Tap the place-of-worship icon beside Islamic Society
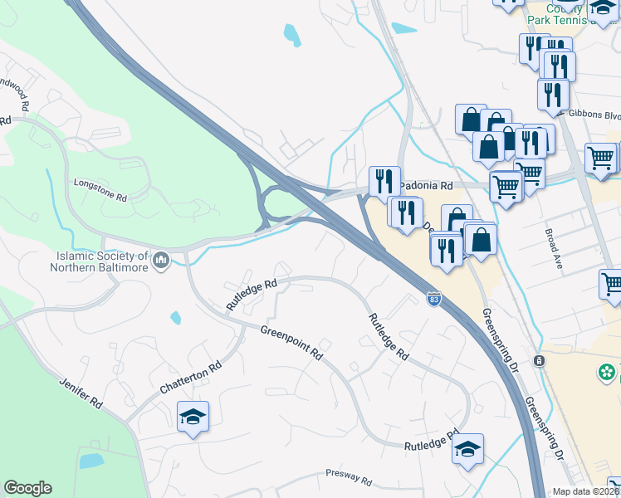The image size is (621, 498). pyautogui.click(x=161, y=261)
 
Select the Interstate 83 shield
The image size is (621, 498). pyautogui.click(x=434, y=297)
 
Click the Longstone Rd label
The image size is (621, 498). pyautogui.click(x=100, y=189)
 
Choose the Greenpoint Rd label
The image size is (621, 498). pyautogui.click(x=291, y=341)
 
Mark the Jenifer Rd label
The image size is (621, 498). pyautogui.click(x=81, y=393)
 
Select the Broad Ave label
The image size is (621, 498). pyautogui.click(x=554, y=249)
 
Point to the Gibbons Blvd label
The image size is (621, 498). pyautogui.click(x=589, y=114)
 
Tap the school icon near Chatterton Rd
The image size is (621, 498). pyautogui.click(x=193, y=417)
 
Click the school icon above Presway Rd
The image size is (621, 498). pyautogui.click(x=468, y=449)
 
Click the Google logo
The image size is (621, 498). pyautogui.click(x=27, y=488)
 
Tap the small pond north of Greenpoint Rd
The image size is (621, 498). pyautogui.click(x=175, y=317)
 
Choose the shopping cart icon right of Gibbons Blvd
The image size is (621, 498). pyautogui.click(x=601, y=157)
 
